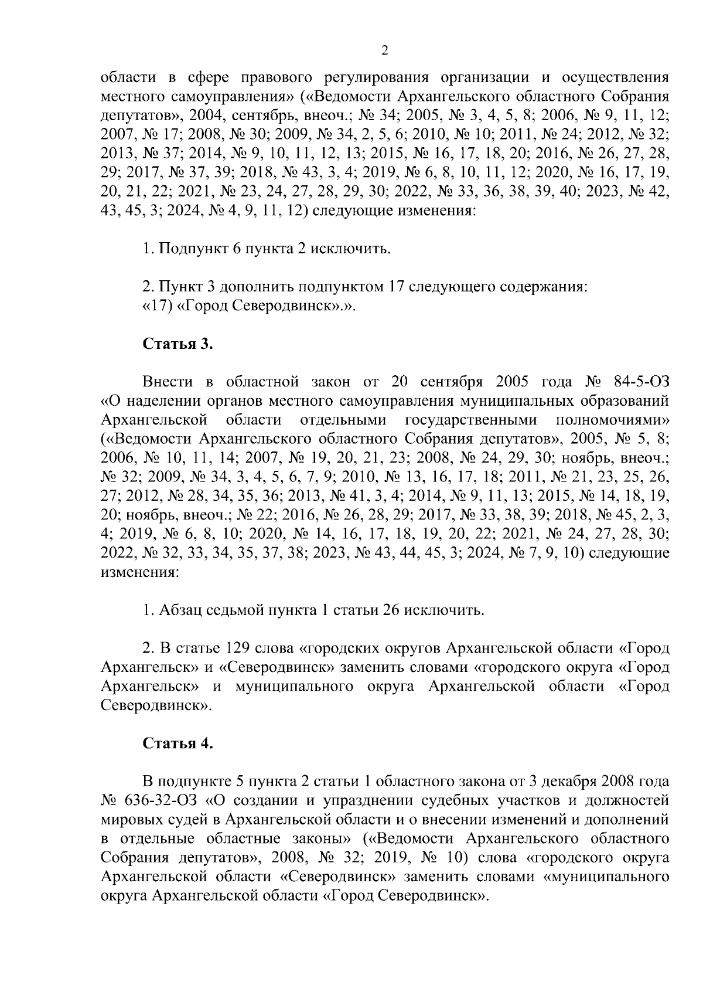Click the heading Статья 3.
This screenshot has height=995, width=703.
tap(178, 344)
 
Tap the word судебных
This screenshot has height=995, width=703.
tap(450, 800)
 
